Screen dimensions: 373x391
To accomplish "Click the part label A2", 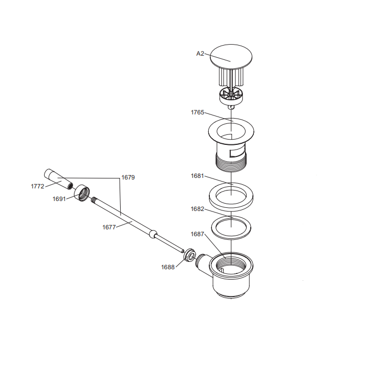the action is point(200,54).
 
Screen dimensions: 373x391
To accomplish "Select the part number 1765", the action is point(197,112).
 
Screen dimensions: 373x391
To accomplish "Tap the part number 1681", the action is point(197,176).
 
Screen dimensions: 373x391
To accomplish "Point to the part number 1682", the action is point(197,209).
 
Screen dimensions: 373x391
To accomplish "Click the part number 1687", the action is point(197,234).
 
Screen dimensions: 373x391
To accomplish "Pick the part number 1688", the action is point(168,267).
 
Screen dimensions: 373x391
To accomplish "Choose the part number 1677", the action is point(109,227).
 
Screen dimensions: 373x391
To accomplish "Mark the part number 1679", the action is point(128,177).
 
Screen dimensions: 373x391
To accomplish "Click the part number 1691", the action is point(59,199).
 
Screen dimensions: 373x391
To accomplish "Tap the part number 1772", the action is point(37,186).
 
